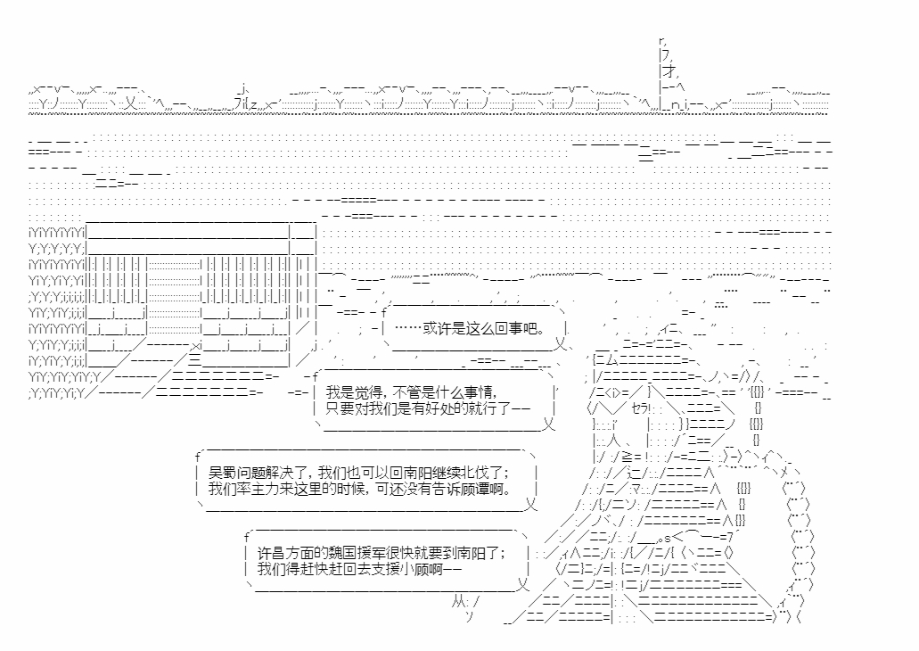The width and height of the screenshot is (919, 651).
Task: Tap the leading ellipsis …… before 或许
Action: click(x=408, y=329)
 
